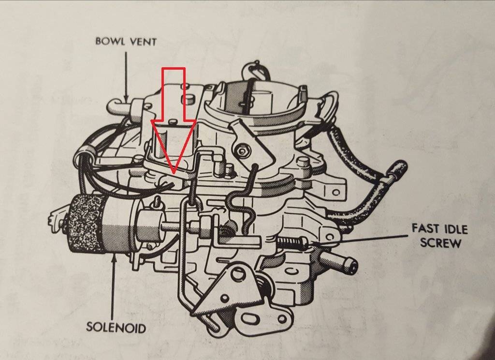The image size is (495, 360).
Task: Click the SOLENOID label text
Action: click(116, 327)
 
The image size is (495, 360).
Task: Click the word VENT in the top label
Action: click(144, 41)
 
